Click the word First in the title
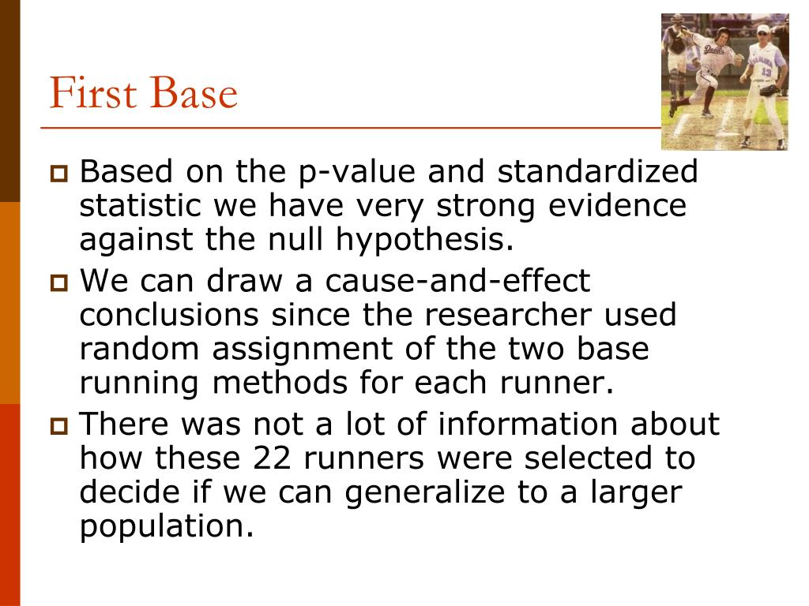(92, 94)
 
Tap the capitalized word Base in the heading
(192, 94)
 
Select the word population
(167, 526)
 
